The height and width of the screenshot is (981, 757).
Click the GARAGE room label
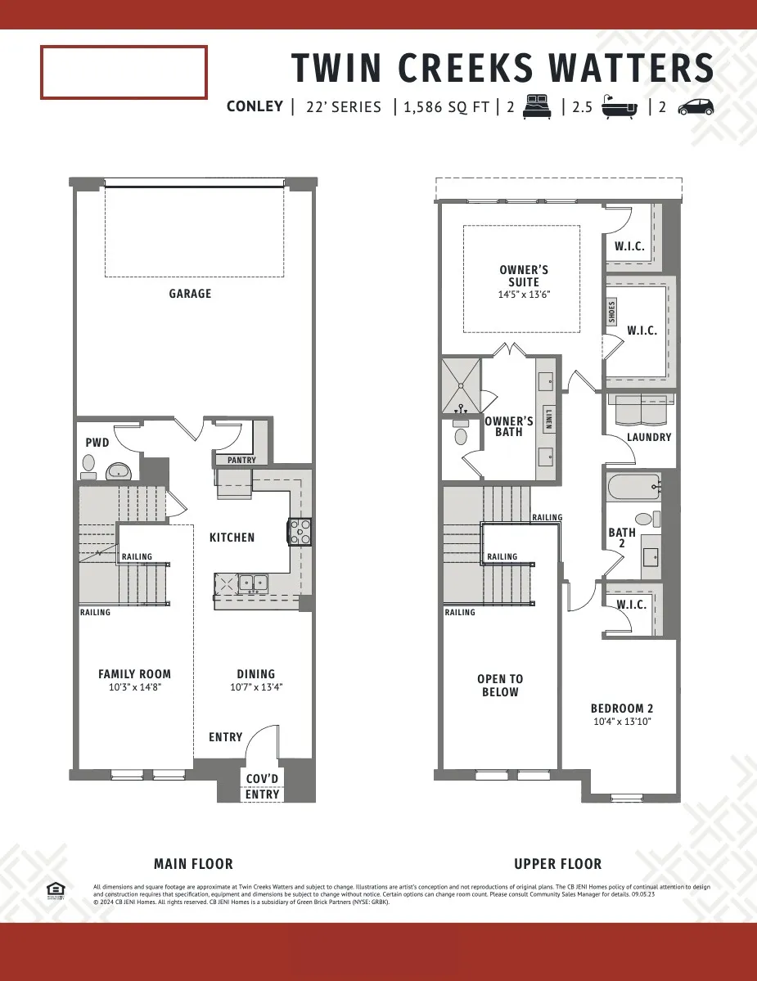190,294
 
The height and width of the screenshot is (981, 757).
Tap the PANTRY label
241,461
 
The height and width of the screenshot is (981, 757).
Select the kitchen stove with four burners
299,532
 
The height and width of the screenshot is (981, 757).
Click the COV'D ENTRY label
263,786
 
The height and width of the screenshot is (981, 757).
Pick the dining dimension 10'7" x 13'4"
255,688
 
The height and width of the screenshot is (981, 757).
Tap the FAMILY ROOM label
135,674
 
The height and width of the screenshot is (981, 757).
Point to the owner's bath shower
461,385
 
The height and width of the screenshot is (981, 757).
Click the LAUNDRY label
649,438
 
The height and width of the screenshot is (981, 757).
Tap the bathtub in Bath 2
634,488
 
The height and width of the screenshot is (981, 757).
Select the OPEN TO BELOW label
500,686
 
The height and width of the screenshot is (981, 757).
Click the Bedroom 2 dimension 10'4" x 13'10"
622,722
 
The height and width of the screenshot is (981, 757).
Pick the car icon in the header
696,106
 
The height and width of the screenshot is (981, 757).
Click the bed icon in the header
538,106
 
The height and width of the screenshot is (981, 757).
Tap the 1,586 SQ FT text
447,107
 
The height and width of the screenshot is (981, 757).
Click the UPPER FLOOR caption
557,864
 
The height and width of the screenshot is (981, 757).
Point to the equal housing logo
55,890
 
